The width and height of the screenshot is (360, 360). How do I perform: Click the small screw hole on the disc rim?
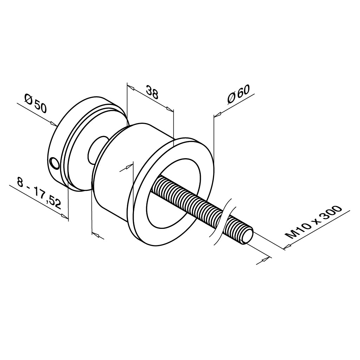pyautogui.click(x=54, y=163)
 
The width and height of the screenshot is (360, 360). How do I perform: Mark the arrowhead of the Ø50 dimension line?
pyautogui.click(x=54, y=123)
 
